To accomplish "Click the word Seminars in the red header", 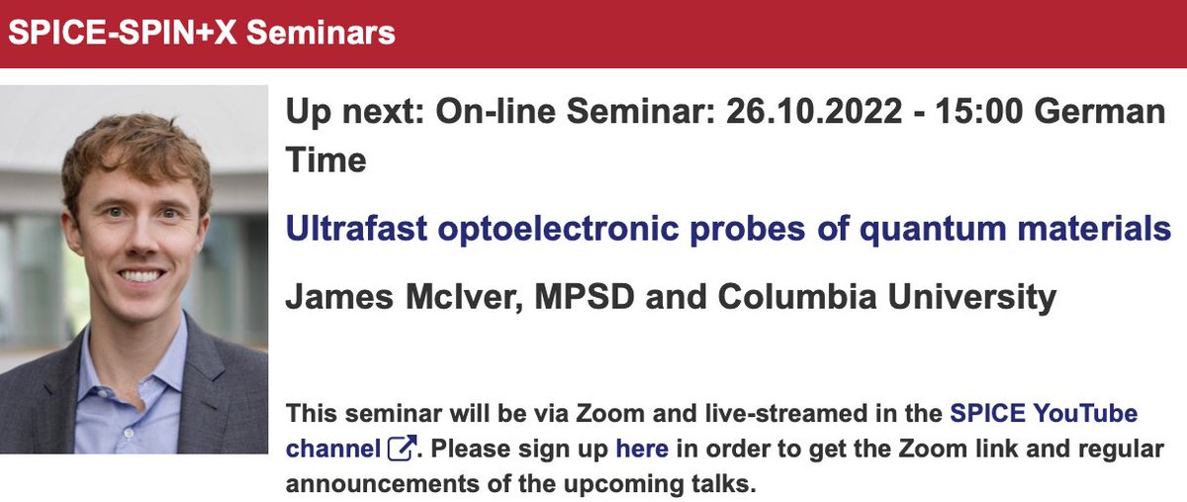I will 320,33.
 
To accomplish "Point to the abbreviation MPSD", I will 571,297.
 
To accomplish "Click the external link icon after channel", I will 401,449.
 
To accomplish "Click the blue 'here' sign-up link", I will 642,449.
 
